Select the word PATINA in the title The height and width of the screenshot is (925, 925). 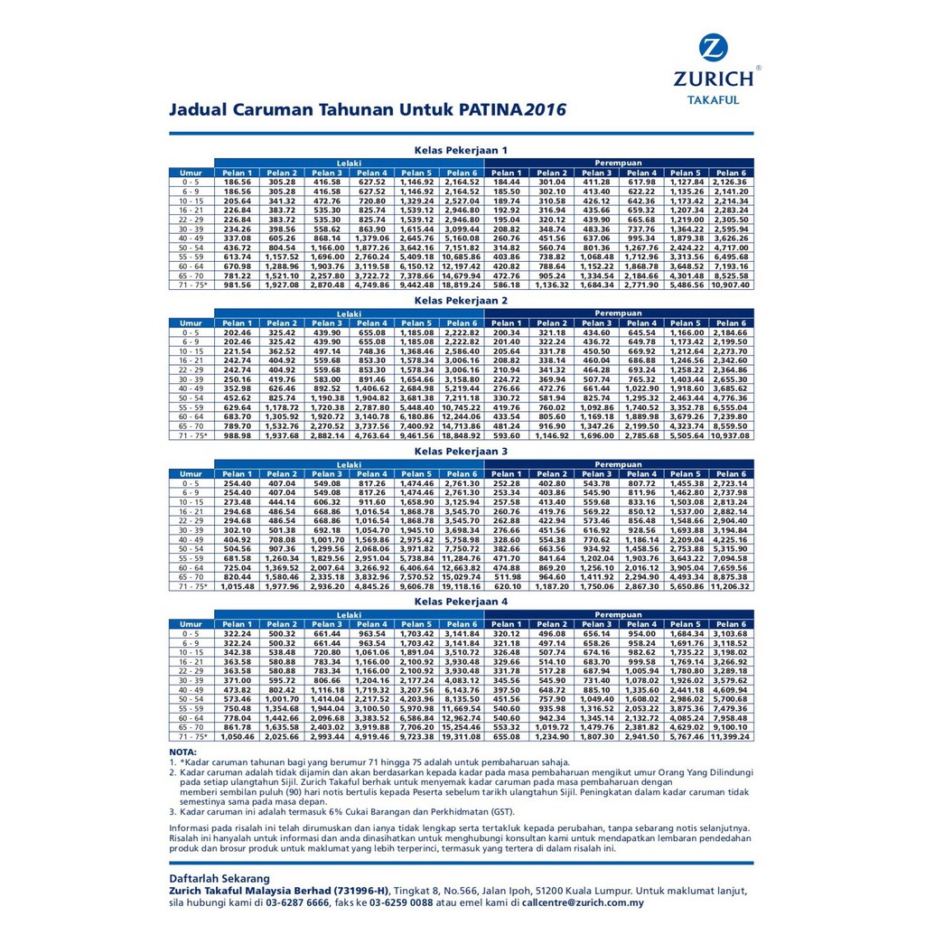[x=482, y=110]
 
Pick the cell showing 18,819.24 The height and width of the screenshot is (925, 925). [x=461, y=285]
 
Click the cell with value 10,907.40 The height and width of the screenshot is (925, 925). [x=731, y=285]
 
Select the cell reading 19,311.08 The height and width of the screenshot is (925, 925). [x=461, y=736]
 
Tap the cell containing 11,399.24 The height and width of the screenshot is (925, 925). [x=731, y=736]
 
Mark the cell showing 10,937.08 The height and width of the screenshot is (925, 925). [x=731, y=435]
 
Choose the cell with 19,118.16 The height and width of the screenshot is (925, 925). [x=461, y=586]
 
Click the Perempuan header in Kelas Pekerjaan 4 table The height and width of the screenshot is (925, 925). [x=618, y=613]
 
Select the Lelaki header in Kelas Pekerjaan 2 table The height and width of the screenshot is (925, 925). [x=349, y=313]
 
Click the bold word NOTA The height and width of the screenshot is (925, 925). [x=182, y=752]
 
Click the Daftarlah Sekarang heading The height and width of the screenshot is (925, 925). [x=219, y=878]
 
